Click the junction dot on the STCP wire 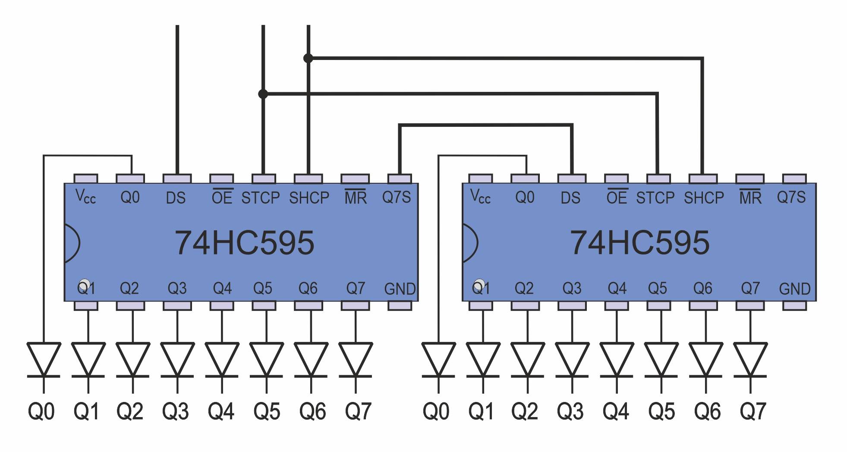coord(263,94)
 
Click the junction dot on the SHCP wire coord(308,58)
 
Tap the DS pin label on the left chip coord(176,198)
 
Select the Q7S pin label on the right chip coord(791,198)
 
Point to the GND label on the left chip coord(400,289)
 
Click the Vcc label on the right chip coord(480,197)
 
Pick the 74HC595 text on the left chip coord(244,243)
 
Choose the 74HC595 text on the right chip coord(639,243)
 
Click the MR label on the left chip coord(356,197)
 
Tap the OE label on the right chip coord(617,197)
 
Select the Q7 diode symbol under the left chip coord(356,360)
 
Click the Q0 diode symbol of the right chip coord(438,360)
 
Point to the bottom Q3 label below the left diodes coord(175,411)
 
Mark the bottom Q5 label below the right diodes coord(661,411)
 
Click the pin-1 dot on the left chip coord(85,285)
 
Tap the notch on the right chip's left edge coord(469,243)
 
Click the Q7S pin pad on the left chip coord(400,179)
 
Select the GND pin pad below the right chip coord(794,306)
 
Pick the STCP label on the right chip coord(655,198)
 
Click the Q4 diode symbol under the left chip coord(222,360)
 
